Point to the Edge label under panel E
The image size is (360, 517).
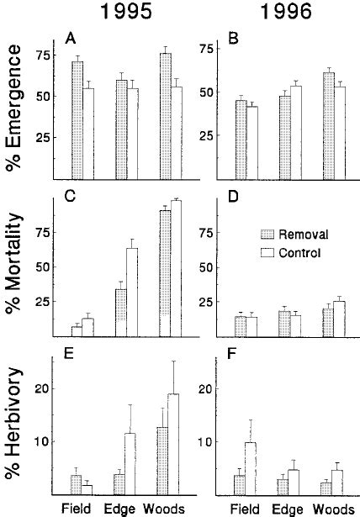click(120, 508)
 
